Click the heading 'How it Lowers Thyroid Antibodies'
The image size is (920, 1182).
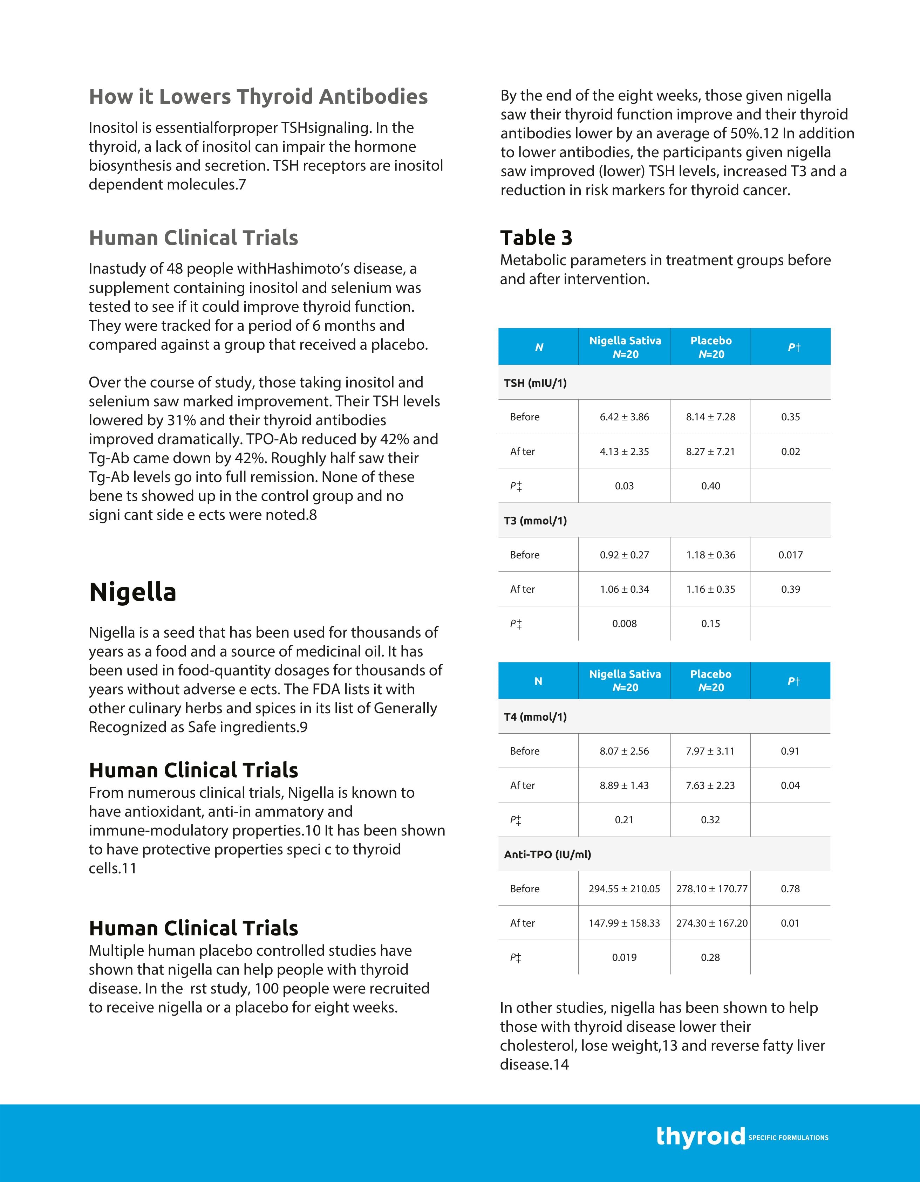(258, 97)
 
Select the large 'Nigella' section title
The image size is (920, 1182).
(133, 592)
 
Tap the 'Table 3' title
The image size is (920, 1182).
(536, 238)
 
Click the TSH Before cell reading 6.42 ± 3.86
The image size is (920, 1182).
(624, 417)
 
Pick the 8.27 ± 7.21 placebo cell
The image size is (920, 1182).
(710, 451)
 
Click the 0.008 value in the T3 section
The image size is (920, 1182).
(624, 624)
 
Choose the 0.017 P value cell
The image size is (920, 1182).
(791, 555)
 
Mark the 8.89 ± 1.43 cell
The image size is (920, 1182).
(624, 785)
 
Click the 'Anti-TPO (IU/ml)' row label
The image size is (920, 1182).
(547, 854)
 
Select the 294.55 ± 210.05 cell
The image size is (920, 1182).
(624, 889)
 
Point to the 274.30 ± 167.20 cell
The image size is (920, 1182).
(711, 923)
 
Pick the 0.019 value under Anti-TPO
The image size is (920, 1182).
(624, 957)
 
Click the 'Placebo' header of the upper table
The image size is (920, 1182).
(711, 341)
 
